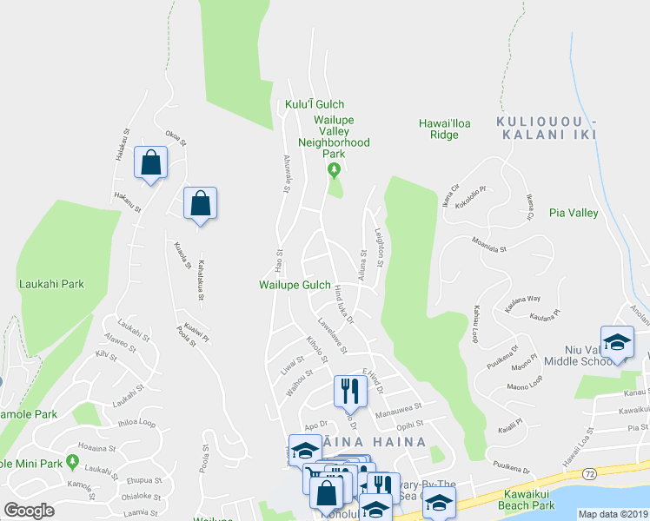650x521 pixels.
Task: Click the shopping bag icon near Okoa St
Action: (x=151, y=162)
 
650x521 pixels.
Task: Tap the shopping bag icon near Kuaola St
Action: (x=201, y=203)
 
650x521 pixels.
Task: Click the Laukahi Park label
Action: (x=51, y=283)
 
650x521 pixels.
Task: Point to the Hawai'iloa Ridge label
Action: (x=444, y=129)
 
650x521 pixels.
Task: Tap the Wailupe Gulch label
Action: (x=294, y=285)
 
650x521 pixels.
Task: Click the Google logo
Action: (x=29, y=511)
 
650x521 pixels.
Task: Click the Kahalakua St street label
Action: (x=201, y=280)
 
